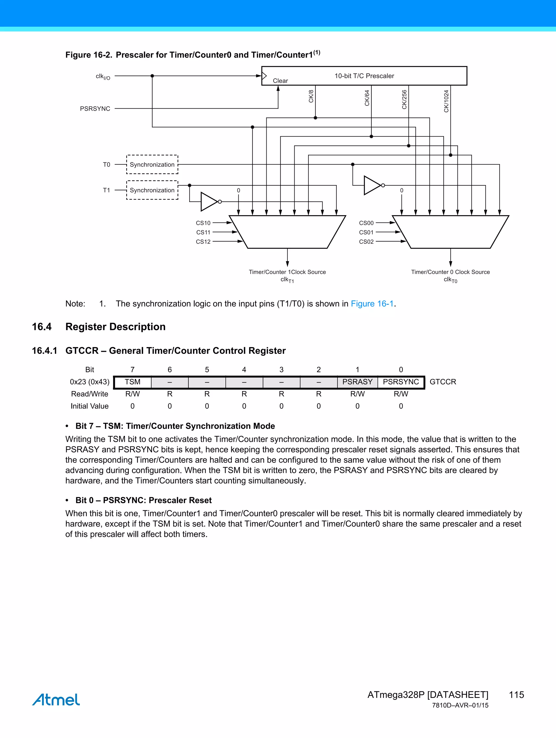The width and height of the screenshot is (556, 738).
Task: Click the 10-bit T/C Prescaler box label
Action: [x=364, y=76]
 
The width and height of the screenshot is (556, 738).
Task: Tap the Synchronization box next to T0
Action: [x=152, y=164]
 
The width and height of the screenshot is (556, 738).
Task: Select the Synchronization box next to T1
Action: [x=152, y=190]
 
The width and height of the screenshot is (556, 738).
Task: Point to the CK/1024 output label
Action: [x=446, y=101]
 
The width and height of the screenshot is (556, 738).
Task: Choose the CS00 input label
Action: [x=366, y=223]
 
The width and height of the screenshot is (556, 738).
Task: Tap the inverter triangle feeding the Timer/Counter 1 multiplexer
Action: [x=209, y=201]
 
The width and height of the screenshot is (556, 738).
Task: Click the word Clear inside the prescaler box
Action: [x=280, y=81]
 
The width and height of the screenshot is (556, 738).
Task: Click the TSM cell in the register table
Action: [x=132, y=382]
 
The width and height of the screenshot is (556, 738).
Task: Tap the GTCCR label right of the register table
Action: [x=443, y=382]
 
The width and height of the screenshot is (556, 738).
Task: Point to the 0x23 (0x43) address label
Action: [x=89, y=382]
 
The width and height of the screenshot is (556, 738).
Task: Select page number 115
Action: [x=516, y=695]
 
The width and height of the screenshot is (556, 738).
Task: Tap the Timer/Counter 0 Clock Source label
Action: [x=450, y=272]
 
